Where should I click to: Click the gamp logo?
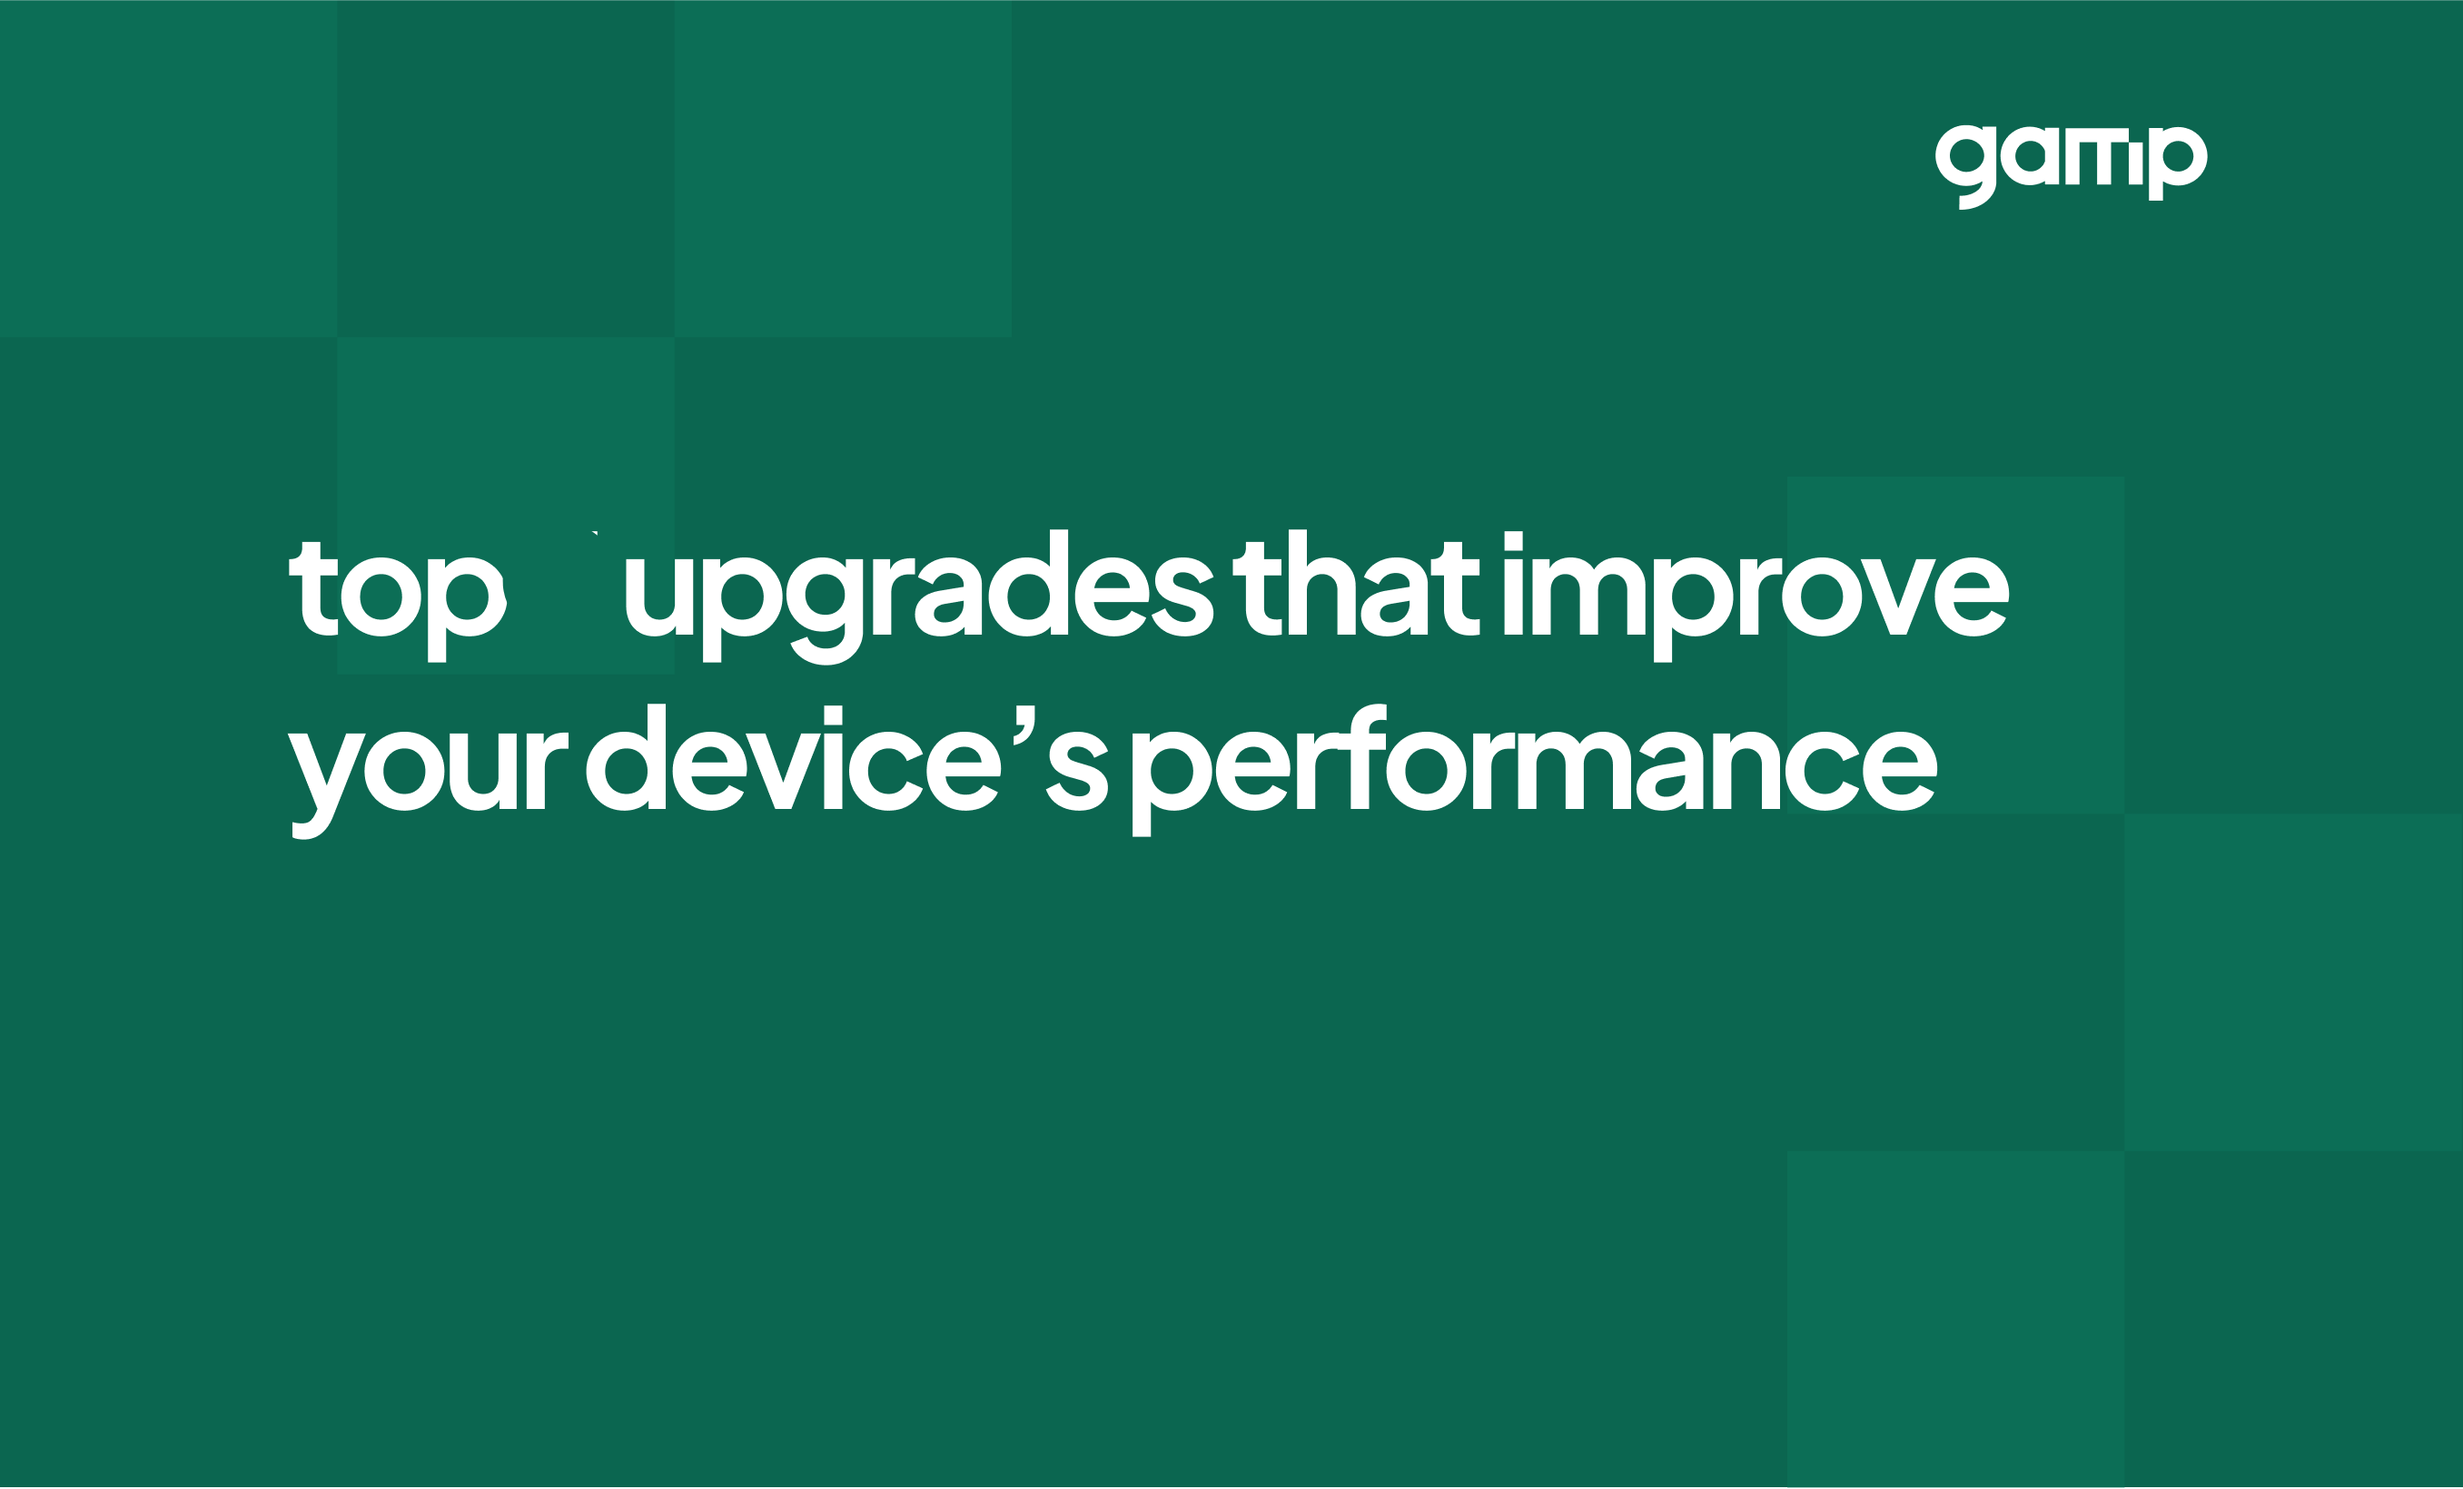pyautogui.click(x=2072, y=166)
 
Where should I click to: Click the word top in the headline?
pyautogui.click(x=398, y=601)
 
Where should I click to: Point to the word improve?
pyautogui.click(x=1756, y=597)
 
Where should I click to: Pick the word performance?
pyautogui.click(x=1534, y=770)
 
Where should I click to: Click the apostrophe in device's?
pyautogui.click(x=1024, y=725)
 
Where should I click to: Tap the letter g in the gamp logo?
pyautogui.click(x=1966, y=166)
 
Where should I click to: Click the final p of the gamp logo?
pyautogui.click(x=2178, y=163)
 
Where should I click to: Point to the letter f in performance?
pyautogui.click(x=1362, y=756)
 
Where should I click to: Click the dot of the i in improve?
pyautogui.click(x=1513, y=540)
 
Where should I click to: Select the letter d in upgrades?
pyautogui.click(x=1029, y=583)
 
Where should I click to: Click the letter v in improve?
pyautogui.click(x=1897, y=597)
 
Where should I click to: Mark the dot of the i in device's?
pyautogui.click(x=833, y=715)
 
